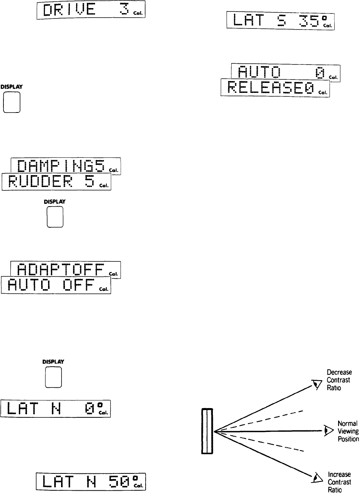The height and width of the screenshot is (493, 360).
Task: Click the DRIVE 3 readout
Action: pos(91,11)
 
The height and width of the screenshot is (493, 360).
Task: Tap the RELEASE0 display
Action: pos(275,88)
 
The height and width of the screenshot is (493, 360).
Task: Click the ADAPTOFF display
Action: pos(66,269)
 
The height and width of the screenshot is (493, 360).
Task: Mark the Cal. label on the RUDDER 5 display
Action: pos(105,185)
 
